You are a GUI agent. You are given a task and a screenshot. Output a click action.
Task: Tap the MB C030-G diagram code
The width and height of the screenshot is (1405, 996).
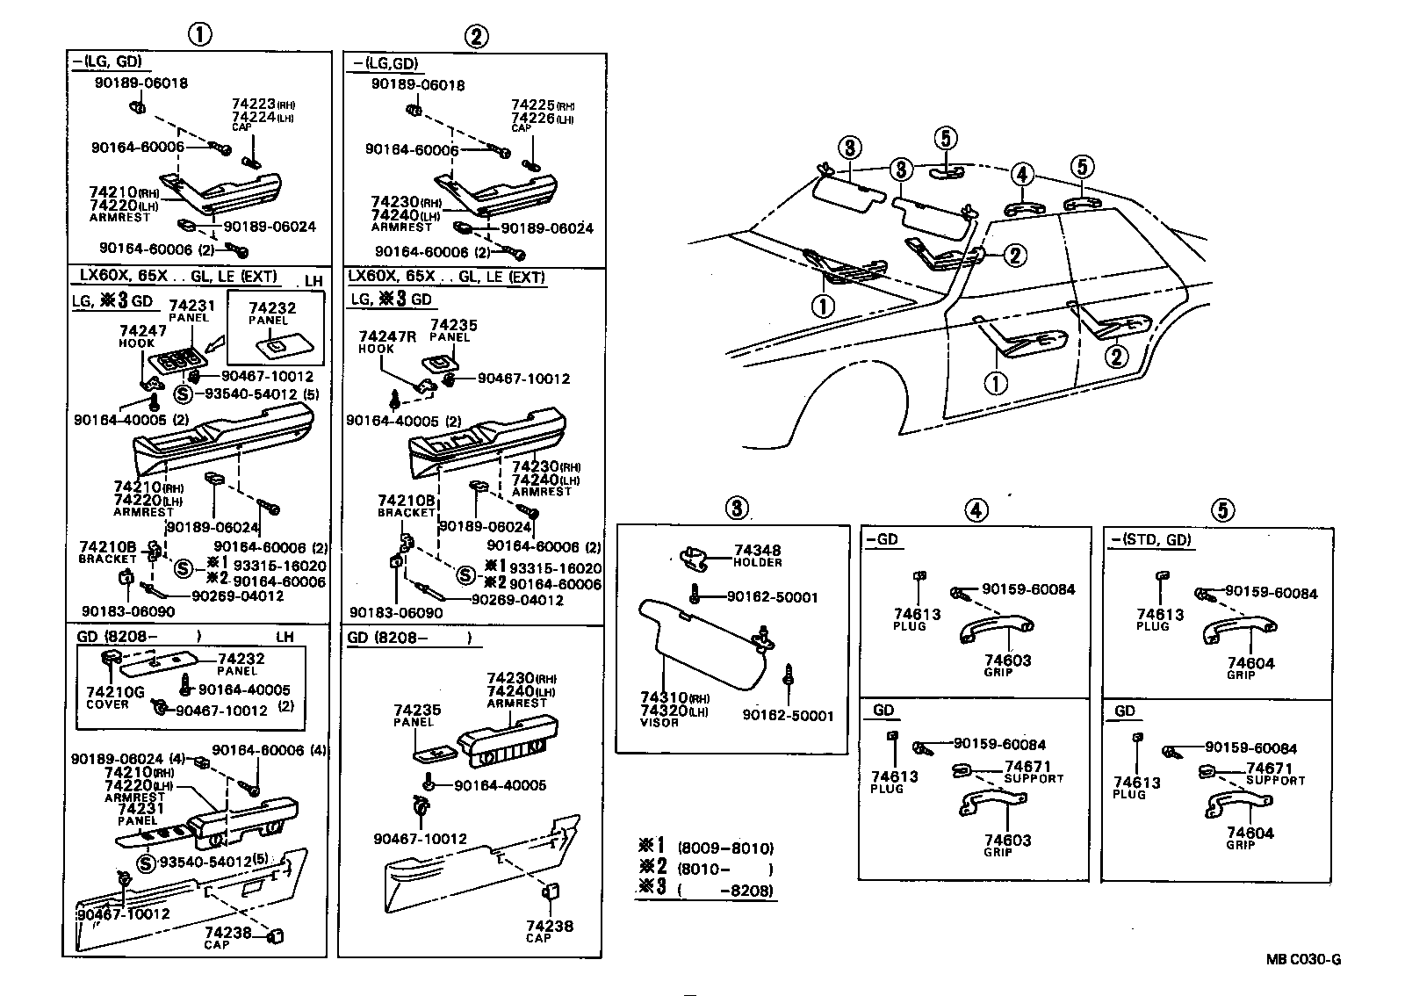point(1302,959)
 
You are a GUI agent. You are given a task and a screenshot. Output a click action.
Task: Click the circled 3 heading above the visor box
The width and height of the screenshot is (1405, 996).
point(736,508)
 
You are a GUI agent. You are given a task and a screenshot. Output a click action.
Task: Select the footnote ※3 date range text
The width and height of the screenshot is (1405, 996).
point(725,891)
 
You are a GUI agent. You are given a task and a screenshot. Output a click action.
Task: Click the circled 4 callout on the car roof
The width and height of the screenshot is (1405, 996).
point(1021,175)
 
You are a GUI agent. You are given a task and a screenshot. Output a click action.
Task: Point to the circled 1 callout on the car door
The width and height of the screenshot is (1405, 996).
point(997,384)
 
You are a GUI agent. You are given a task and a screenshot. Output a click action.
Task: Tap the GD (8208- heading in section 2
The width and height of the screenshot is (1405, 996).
point(409,639)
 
